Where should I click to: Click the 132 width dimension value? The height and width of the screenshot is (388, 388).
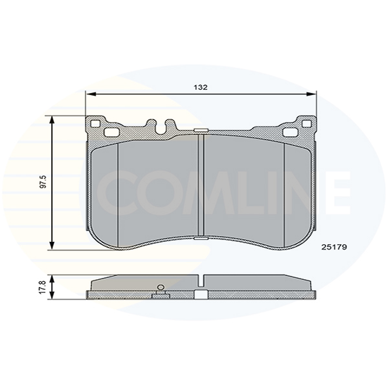click(x=200, y=87)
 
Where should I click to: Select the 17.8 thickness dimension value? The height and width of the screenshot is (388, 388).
click(x=42, y=287)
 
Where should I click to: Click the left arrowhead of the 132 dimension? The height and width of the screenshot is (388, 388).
click(x=89, y=93)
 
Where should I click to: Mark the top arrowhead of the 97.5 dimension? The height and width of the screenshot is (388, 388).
click(x=52, y=119)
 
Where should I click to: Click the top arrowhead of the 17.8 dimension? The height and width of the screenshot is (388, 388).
click(x=52, y=278)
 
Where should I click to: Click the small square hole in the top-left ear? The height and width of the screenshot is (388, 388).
click(x=95, y=124)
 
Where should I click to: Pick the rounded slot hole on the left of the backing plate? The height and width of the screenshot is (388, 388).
click(x=112, y=132)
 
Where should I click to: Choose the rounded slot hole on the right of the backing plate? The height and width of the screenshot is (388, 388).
click(x=290, y=132)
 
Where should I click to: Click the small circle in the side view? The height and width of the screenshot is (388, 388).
click(x=161, y=287)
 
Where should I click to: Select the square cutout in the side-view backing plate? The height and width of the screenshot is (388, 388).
click(x=201, y=295)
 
